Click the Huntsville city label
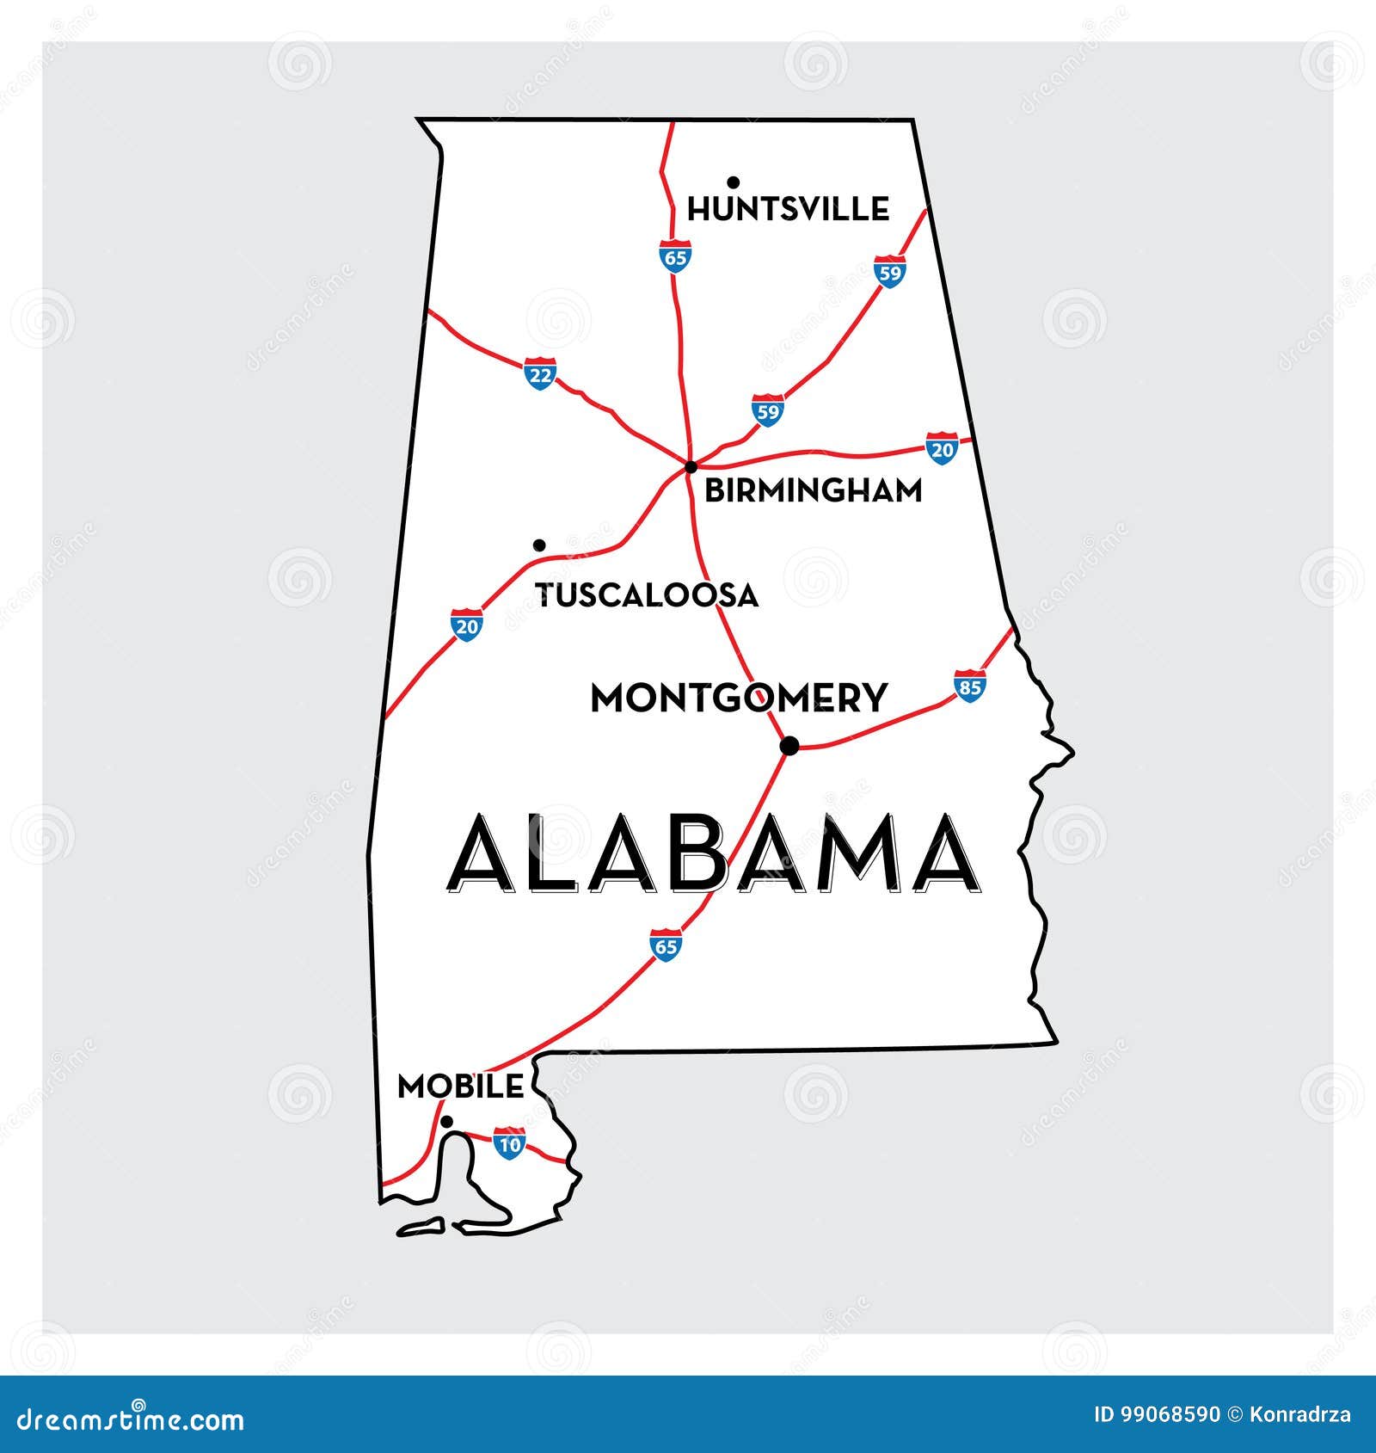(788, 209)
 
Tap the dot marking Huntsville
(733, 182)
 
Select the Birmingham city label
(813, 490)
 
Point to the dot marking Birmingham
(691, 466)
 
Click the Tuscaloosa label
(647, 594)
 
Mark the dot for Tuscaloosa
(539, 545)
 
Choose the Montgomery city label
(738, 698)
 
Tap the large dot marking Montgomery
(789, 746)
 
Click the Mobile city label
(460, 1087)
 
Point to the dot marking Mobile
(446, 1121)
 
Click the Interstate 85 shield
(969, 686)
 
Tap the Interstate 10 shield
(509, 1143)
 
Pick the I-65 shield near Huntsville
(676, 256)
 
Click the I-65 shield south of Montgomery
(666, 945)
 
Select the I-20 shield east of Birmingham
(943, 448)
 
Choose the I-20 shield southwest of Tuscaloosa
(466, 625)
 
